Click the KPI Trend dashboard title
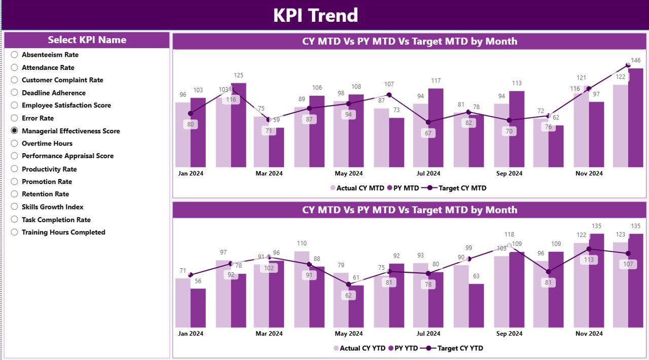[315, 15]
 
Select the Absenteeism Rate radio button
[14, 55]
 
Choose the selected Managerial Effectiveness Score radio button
[14, 131]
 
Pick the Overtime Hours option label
[47, 143]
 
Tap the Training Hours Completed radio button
[14, 232]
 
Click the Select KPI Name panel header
[87, 40]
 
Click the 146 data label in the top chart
[636, 60]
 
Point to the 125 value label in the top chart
[238, 76]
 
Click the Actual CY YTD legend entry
[358, 348]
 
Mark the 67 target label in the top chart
[428, 133]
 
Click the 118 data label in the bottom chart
[509, 235]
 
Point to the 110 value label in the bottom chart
[302, 243]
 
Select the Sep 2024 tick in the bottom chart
[509, 334]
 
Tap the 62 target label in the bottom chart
[348, 295]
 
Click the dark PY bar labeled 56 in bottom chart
[198, 308]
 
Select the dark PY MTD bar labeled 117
[436, 128]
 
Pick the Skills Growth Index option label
[52, 207]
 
